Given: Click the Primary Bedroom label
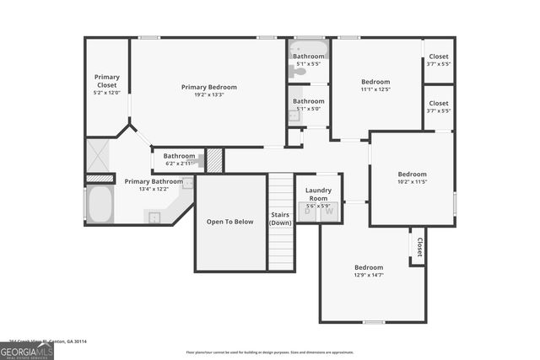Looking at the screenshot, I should click(208, 87).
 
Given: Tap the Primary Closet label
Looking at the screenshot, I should click(107, 81).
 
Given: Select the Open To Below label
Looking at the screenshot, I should click(230, 222).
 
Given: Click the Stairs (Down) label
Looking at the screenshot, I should click(281, 218).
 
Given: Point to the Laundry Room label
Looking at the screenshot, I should click(318, 195).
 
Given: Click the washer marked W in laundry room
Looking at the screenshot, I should click(330, 212).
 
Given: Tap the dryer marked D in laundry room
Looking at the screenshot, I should click(308, 212).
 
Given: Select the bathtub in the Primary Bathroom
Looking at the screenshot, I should click(100, 204).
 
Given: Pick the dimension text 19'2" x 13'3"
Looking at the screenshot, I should click(208, 94).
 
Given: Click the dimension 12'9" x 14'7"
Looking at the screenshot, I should click(369, 275).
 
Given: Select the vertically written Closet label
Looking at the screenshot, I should click(419, 247).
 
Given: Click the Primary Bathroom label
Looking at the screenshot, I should click(154, 181).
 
